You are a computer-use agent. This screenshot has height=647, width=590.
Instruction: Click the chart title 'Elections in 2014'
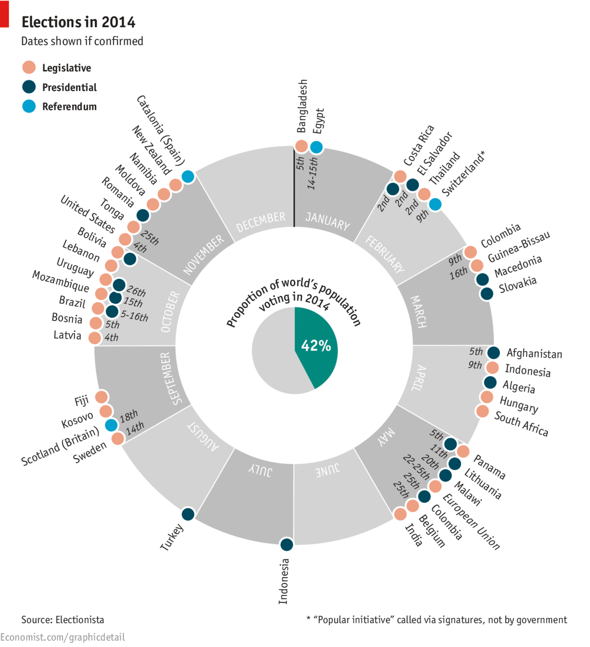tap(78, 22)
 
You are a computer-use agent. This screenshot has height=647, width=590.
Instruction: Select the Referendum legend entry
tap(69, 107)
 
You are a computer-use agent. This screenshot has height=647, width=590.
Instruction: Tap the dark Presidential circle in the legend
tap(29, 87)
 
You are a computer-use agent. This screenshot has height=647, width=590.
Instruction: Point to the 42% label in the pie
tap(316, 345)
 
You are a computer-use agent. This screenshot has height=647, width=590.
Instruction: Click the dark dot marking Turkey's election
tap(188, 514)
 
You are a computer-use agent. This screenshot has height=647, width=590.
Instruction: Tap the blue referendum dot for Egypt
tap(316, 147)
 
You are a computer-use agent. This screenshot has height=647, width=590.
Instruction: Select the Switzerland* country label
tap(464, 174)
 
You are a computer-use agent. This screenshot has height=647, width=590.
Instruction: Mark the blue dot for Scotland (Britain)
tap(112, 425)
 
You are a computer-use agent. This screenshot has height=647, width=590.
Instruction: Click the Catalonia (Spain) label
tap(161, 130)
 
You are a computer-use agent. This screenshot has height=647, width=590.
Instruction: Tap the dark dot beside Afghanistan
tap(493, 353)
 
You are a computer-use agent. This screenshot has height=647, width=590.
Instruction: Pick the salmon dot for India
tap(400, 514)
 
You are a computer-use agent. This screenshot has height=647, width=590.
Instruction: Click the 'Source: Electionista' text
tap(62, 620)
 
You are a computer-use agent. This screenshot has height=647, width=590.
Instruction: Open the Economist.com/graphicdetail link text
tap(62, 638)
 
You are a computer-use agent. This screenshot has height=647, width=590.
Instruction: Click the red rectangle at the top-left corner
tap(4, 13)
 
